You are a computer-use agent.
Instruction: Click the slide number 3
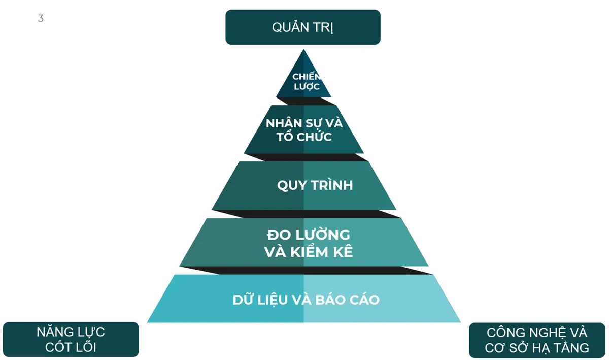pos(41,18)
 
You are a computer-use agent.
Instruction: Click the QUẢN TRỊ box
pos(303,27)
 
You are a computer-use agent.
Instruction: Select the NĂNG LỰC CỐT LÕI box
pos(71,340)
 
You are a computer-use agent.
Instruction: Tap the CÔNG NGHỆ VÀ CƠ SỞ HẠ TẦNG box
pos(537,340)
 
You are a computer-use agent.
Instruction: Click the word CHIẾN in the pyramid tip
pos(307,76)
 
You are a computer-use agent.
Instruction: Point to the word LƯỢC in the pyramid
pos(307,87)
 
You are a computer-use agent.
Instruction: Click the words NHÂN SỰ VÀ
pos(304,123)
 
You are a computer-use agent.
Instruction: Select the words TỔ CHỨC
pos(304,136)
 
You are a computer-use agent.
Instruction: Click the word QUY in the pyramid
pos(292,185)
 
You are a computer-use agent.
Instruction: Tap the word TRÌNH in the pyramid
pos(332,185)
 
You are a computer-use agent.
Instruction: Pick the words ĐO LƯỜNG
pos(309,235)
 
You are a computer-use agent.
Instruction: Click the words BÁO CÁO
pos(348,299)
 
